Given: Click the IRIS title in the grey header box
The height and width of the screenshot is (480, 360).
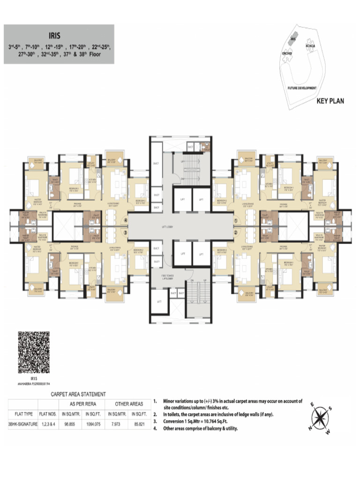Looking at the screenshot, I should [x=59, y=34].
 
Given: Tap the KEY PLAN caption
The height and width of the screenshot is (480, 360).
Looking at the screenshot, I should [x=330, y=100].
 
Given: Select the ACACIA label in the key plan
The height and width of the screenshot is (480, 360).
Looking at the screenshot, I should [x=310, y=45].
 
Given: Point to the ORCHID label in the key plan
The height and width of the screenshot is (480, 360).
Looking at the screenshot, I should [x=287, y=53].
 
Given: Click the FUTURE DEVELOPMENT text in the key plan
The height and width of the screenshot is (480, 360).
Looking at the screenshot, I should [x=302, y=88].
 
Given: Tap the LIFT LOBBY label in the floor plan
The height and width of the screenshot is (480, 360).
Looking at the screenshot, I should [x=180, y=226].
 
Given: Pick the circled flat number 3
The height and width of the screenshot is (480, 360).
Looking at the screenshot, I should [x=125, y=232].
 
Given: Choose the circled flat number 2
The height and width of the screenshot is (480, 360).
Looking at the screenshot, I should [x=236, y=232].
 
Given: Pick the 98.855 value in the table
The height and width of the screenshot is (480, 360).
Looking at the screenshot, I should [x=70, y=424].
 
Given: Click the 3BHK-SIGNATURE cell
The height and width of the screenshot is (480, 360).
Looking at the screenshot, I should [x=22, y=424].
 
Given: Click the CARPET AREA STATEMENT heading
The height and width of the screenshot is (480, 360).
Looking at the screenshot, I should [x=78, y=394].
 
